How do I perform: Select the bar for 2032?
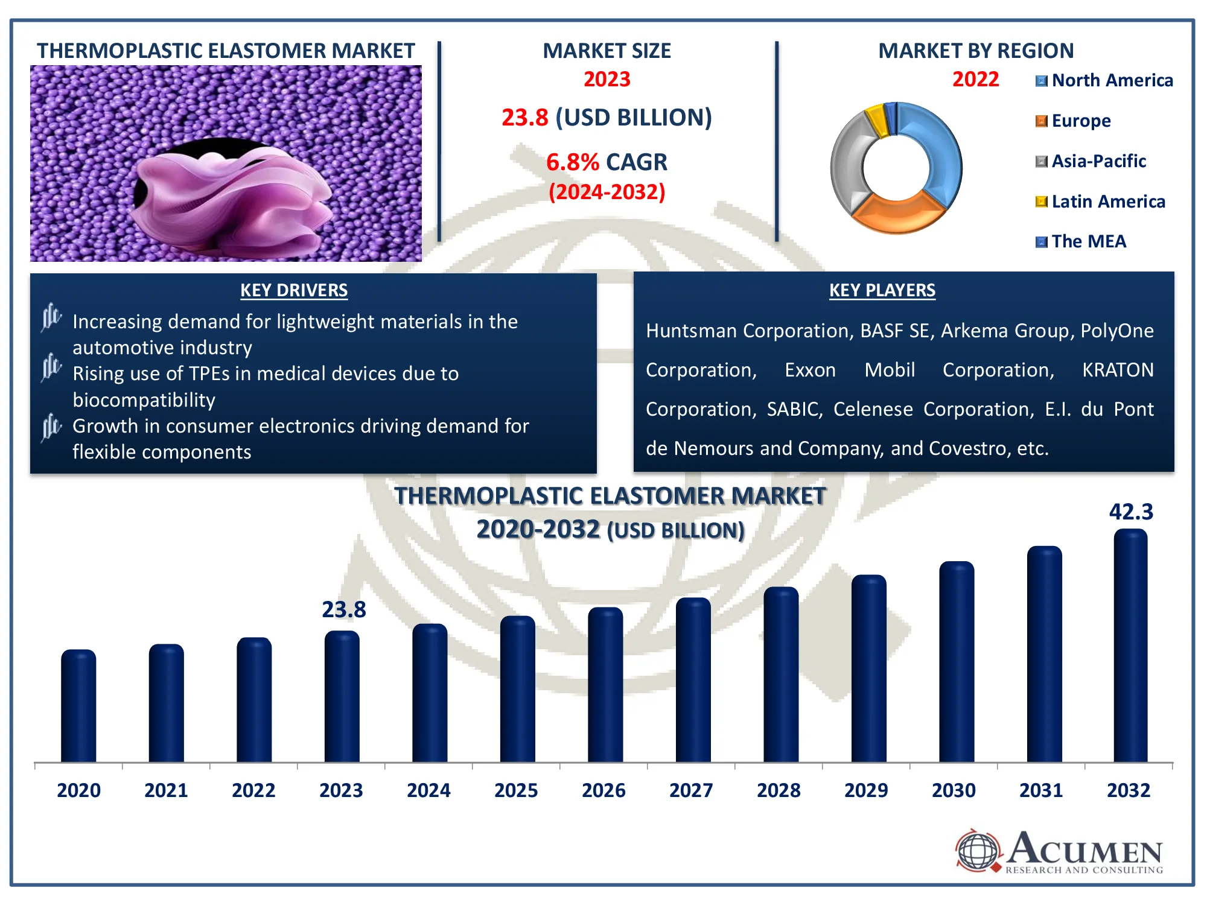coord(1130,646)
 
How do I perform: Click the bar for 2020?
coord(78,706)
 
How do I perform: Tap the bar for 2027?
coord(693,680)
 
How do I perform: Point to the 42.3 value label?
coord(1131,512)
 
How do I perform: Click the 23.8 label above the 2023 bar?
coord(344,609)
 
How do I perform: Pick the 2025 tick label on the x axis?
coord(516,790)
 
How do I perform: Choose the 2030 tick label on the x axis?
coord(954,790)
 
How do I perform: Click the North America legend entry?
coord(1104,80)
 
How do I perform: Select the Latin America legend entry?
coord(1100,202)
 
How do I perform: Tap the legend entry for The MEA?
coord(1081,241)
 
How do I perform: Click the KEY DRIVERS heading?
coord(294,290)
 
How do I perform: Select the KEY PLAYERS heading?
coord(882,290)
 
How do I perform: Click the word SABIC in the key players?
coord(794,409)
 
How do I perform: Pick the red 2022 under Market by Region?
coord(975,79)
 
